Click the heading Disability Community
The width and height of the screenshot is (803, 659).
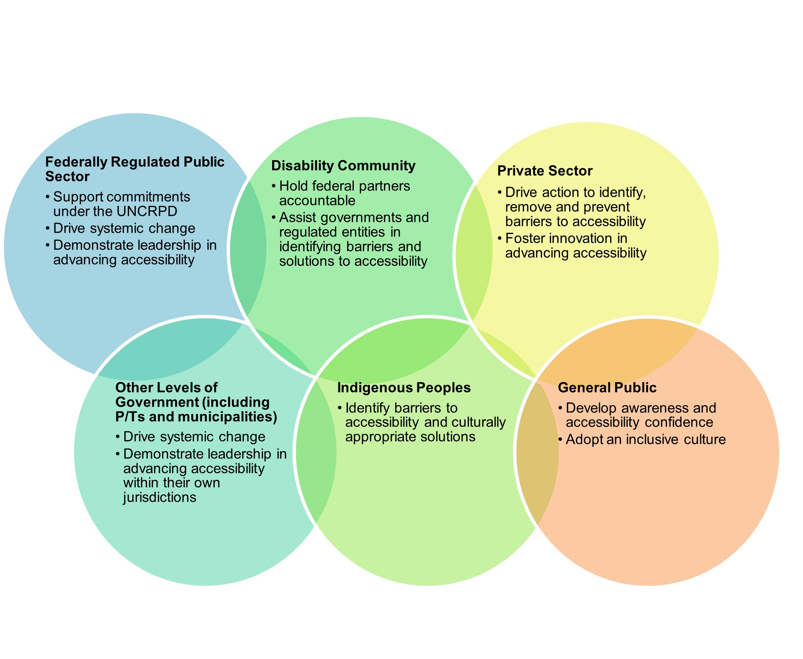point(343,166)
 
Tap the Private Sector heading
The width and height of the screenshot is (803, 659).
point(545,171)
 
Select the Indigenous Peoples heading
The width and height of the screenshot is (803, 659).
point(404,388)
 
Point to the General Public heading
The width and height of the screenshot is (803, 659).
point(607,388)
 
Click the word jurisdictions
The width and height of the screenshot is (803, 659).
point(159,497)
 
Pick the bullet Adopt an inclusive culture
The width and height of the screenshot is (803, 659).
point(645,439)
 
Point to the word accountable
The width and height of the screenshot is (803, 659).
point(317,200)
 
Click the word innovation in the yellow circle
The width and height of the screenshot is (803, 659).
point(576,238)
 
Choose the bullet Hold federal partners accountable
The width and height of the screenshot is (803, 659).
point(344,193)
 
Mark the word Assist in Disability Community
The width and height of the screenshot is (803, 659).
point(297,217)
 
